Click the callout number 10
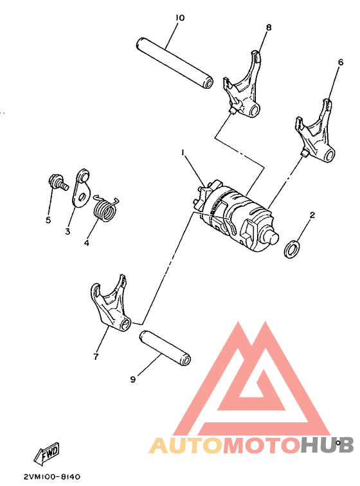pyautogui.click(x=179, y=17)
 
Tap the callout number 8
pyautogui.click(x=269, y=27)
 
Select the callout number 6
pyautogui.click(x=341, y=62)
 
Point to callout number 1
pyautogui.click(x=183, y=152)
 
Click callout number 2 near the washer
pyautogui.click(x=312, y=215)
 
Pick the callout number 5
pyautogui.click(x=48, y=220)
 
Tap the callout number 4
pyautogui.click(x=85, y=244)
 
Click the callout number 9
pyautogui.click(x=133, y=380)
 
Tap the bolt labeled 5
pyautogui.click(x=57, y=181)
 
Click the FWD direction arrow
pyautogui.click(x=49, y=456)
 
